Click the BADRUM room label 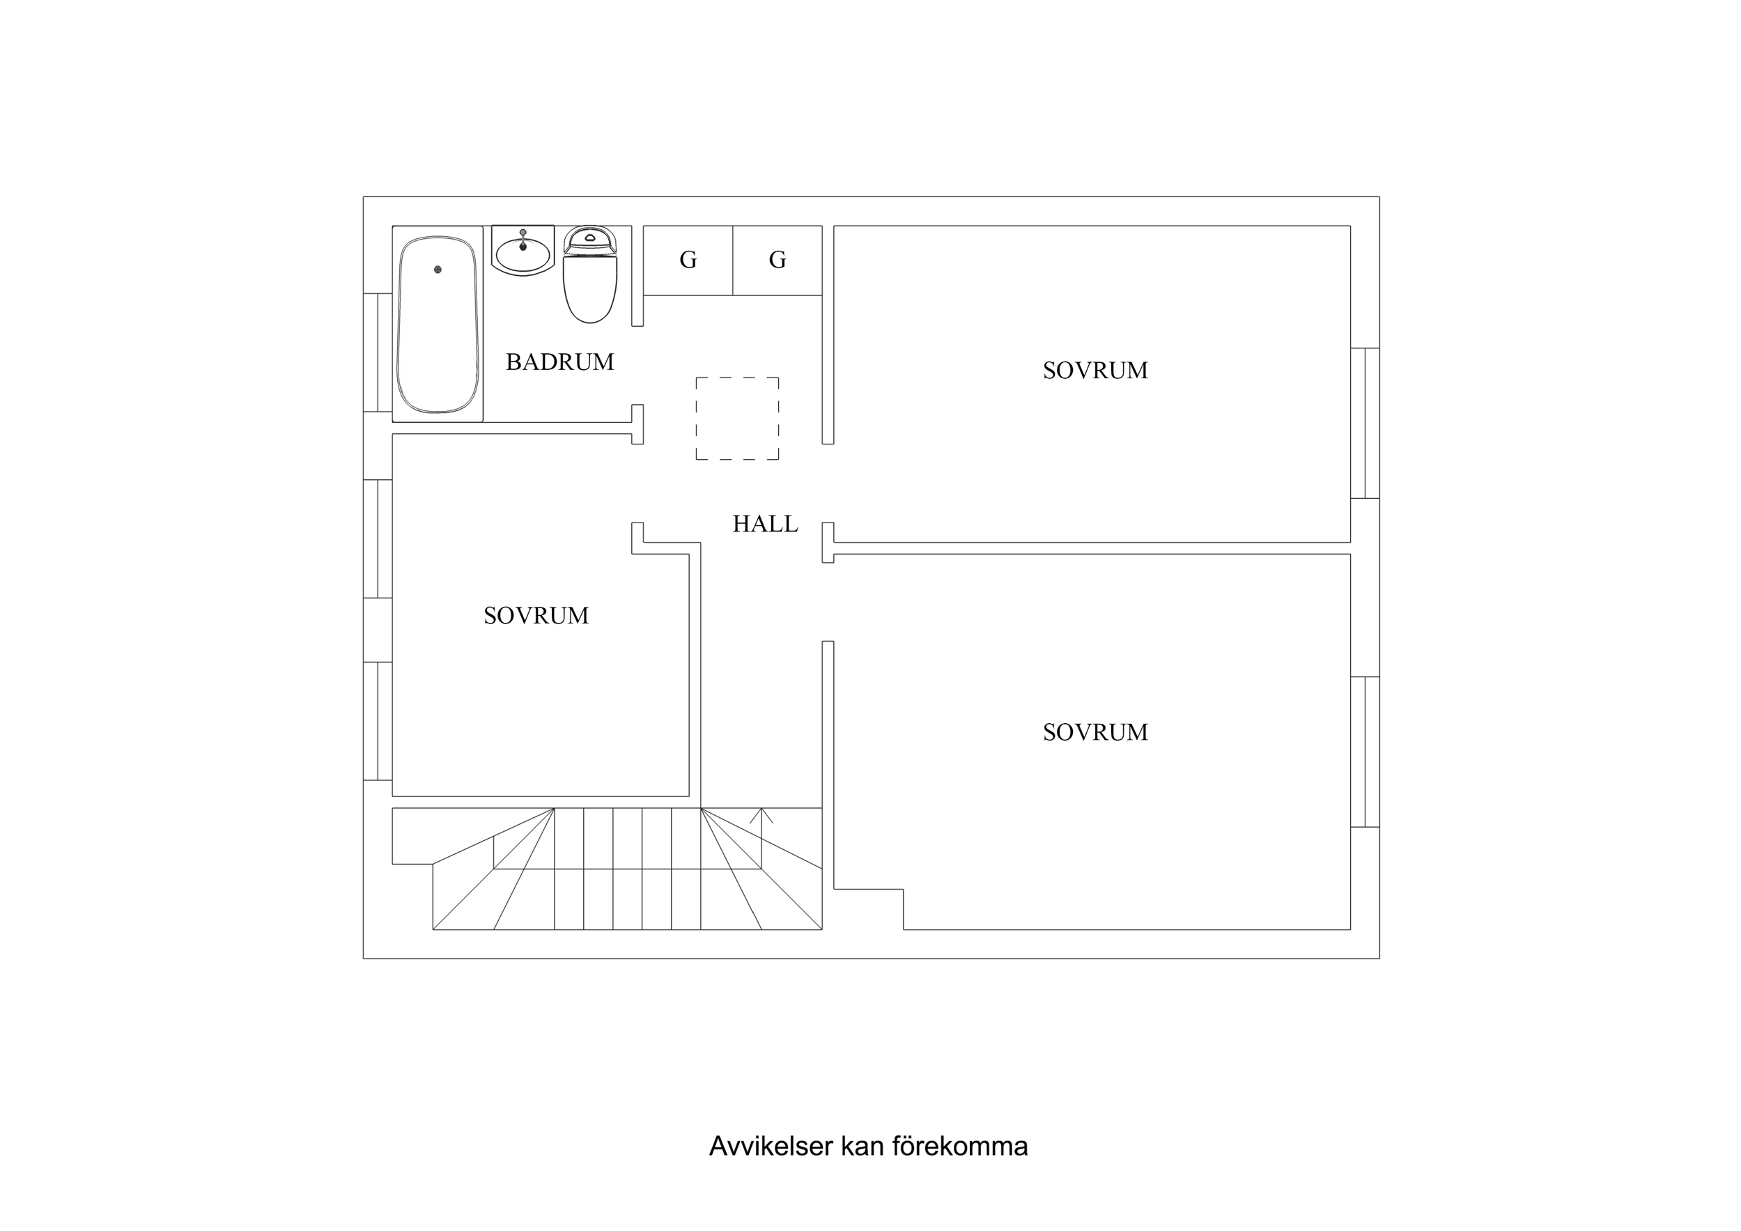(559, 362)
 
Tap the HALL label (764, 524)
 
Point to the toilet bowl (590, 292)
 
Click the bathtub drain (438, 269)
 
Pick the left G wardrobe (688, 260)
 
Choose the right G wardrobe (777, 260)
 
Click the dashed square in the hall (737, 418)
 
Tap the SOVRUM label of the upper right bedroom (1095, 371)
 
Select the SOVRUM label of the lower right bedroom (1095, 733)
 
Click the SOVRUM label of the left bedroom (536, 616)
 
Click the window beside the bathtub (378, 353)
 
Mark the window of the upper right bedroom (1365, 424)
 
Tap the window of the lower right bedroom (1365, 752)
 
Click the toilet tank (590, 239)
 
